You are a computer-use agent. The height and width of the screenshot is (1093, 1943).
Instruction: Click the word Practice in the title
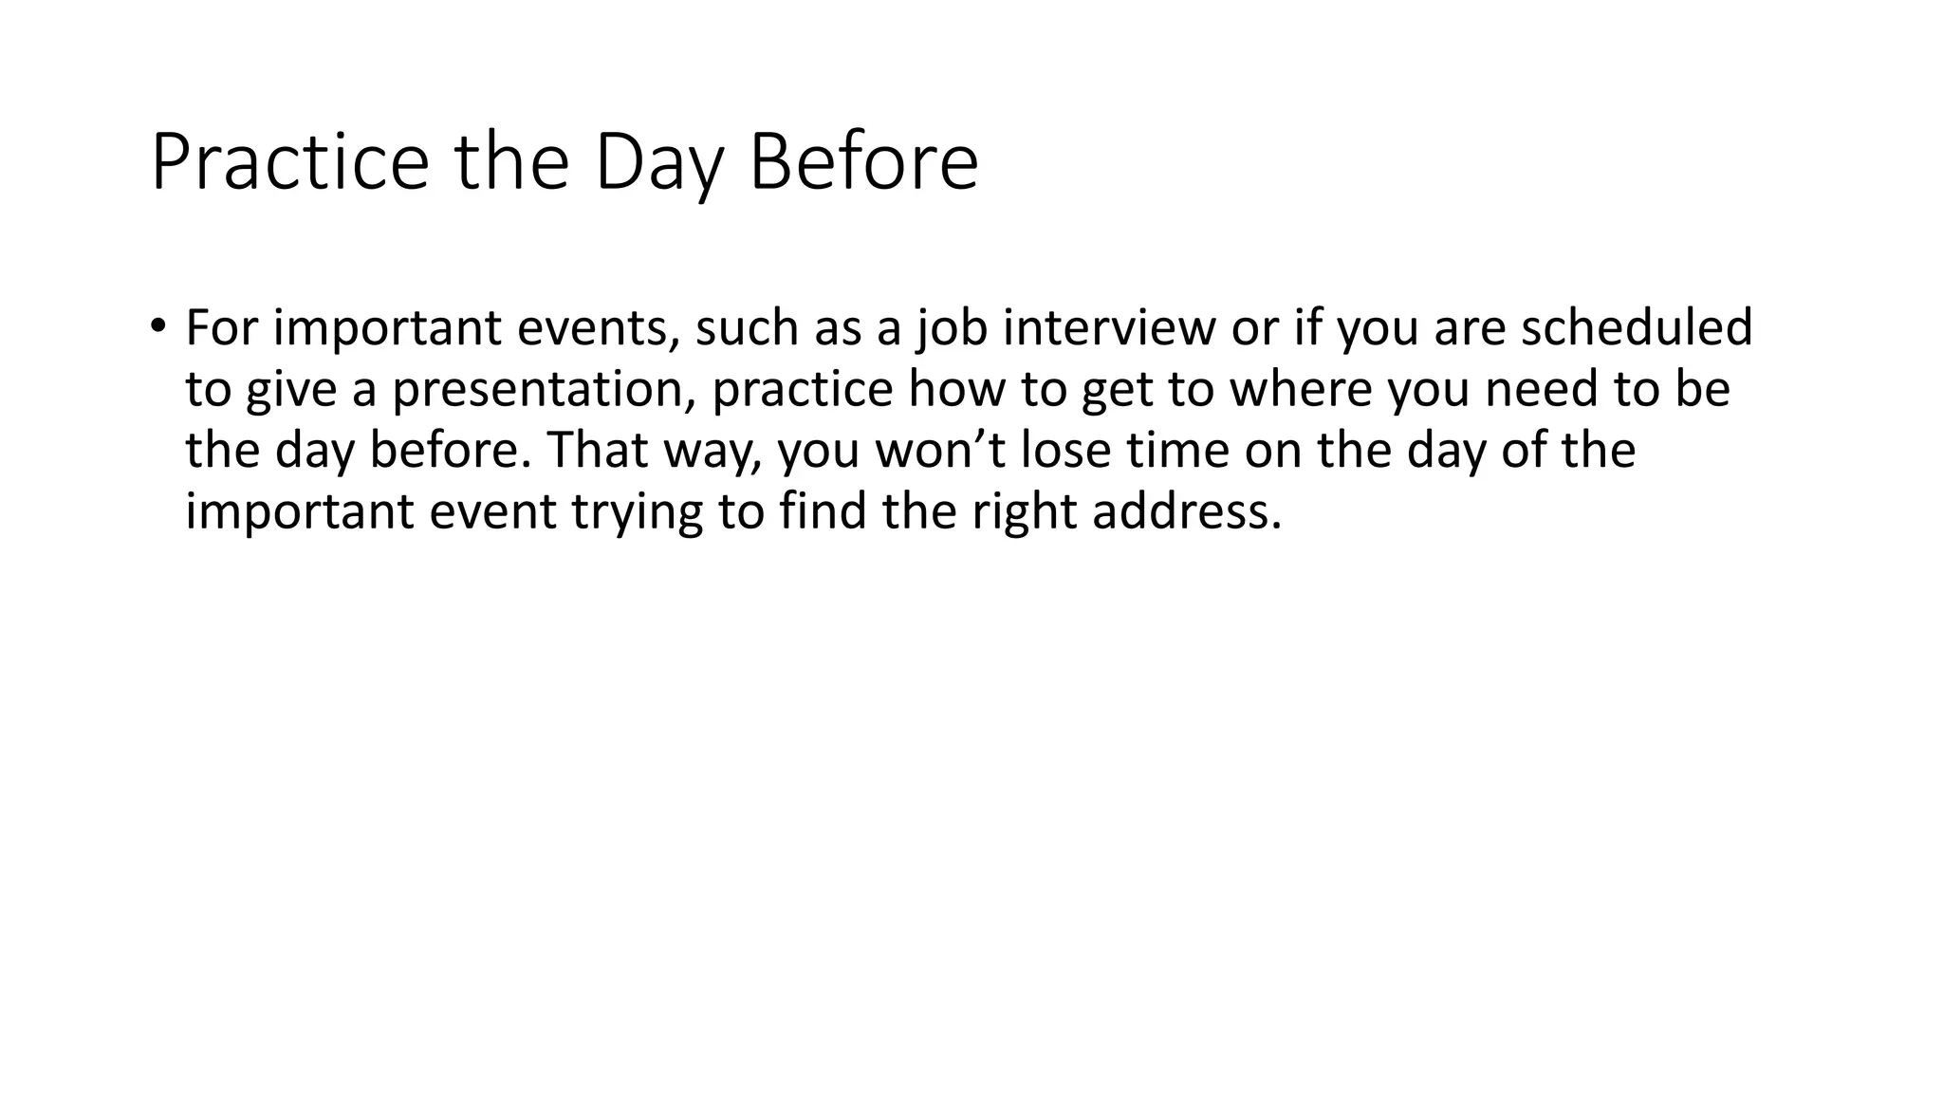[289, 163]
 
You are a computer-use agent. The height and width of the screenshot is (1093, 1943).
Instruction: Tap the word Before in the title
[863, 163]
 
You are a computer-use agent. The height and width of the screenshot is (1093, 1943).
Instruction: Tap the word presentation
[544, 390]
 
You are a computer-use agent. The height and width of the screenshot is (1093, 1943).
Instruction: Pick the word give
[291, 390]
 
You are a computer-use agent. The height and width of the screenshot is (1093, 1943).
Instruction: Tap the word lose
[1064, 451]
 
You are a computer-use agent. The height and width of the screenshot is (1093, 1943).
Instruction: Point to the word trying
[637, 513]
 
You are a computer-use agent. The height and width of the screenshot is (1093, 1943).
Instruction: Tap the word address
[1186, 511]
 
